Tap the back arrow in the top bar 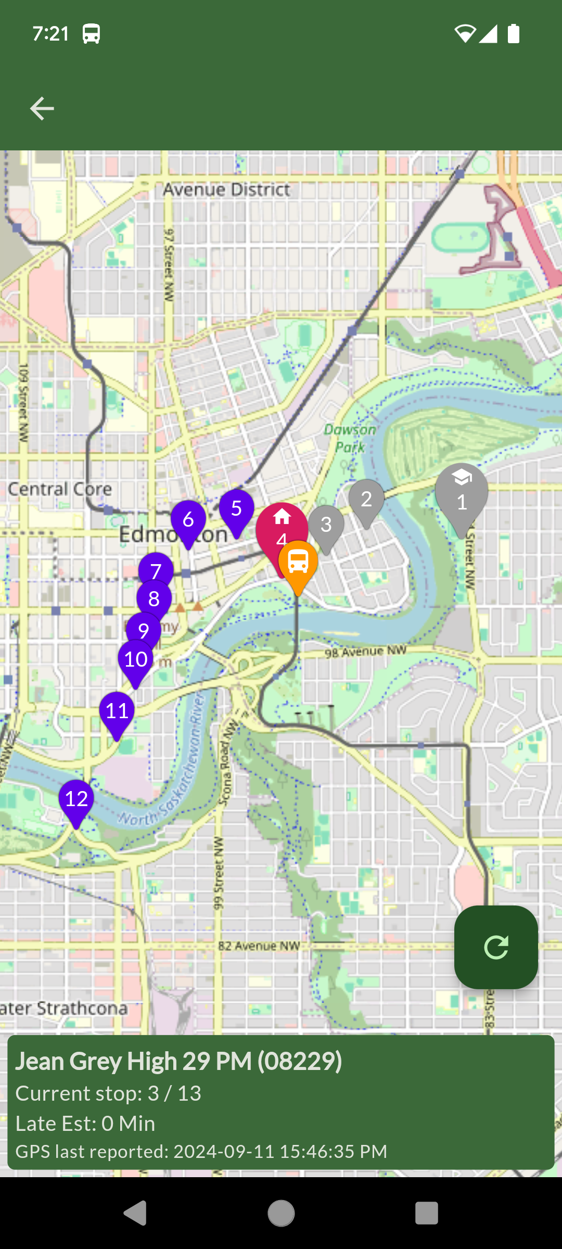coord(42,108)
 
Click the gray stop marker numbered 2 coord(366,500)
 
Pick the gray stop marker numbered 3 coord(326,525)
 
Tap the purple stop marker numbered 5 coord(236,509)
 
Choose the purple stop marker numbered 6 coord(188,520)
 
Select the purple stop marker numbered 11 coord(117,711)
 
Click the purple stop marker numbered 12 coord(76,799)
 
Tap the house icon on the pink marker coord(282,517)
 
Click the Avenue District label coord(226,190)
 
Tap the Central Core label coord(60,489)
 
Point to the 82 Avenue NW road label coord(259,946)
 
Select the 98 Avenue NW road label coord(365,652)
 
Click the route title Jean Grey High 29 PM coord(178,1062)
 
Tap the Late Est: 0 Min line coord(85,1124)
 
